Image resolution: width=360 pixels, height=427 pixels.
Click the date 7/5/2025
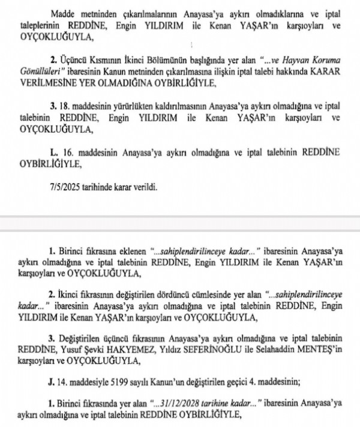tap(65, 187)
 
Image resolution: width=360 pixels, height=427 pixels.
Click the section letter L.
tap(55, 153)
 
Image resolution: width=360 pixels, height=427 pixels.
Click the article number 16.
tap(68, 153)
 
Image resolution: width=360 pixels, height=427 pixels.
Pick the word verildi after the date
tap(143, 187)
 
